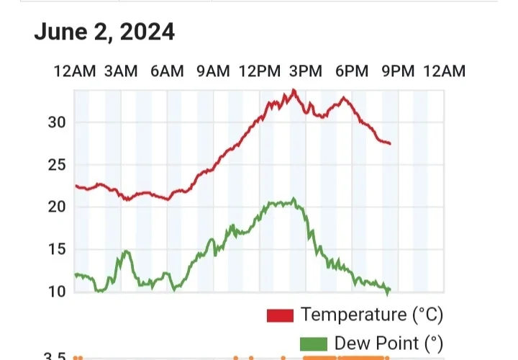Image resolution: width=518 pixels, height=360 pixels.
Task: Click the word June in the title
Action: click(58, 32)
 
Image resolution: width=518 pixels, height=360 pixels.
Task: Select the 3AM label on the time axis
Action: click(120, 71)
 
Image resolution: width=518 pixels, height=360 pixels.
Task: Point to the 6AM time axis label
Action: click(167, 71)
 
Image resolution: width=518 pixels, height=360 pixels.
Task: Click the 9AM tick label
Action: click(213, 71)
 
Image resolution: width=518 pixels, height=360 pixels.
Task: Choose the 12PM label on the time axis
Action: click(259, 71)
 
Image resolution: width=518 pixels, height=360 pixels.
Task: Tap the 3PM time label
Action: click(306, 71)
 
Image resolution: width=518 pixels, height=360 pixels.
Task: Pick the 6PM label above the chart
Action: click(352, 71)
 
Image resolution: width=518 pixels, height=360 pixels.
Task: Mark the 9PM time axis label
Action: click(398, 71)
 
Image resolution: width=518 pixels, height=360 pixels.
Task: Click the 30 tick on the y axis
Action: click(57, 122)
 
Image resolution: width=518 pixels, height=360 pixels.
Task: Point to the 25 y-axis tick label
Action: click(57, 165)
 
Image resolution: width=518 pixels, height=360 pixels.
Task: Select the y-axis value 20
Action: click(57, 207)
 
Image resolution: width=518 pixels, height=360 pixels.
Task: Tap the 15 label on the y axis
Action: click(57, 249)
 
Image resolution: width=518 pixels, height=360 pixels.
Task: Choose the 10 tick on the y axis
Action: click(57, 291)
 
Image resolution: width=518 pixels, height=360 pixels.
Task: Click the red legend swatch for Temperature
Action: click(280, 315)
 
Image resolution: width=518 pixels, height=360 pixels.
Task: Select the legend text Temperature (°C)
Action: click(372, 315)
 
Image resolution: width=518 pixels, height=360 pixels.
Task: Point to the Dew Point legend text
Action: click(387, 343)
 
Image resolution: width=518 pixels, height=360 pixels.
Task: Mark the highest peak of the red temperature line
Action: click(294, 90)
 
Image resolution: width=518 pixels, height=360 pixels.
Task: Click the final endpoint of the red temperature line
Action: click(390, 144)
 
